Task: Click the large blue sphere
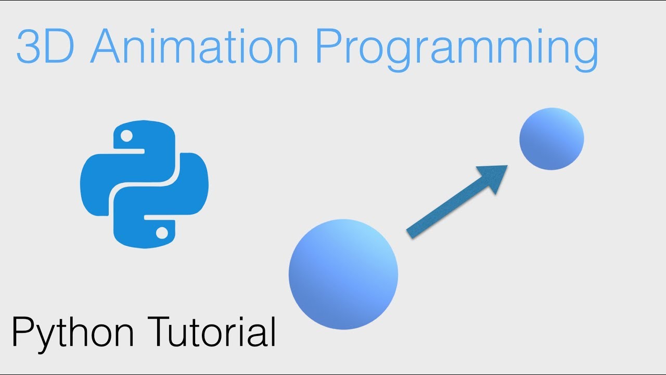(343, 274)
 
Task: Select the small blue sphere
(552, 139)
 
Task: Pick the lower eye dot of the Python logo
(162, 232)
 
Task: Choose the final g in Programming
(583, 52)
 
